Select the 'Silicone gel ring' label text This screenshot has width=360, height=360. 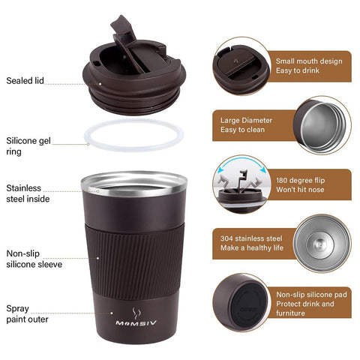28,145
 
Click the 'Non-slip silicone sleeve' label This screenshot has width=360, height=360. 34,259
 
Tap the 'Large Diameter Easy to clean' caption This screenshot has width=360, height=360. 247,125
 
